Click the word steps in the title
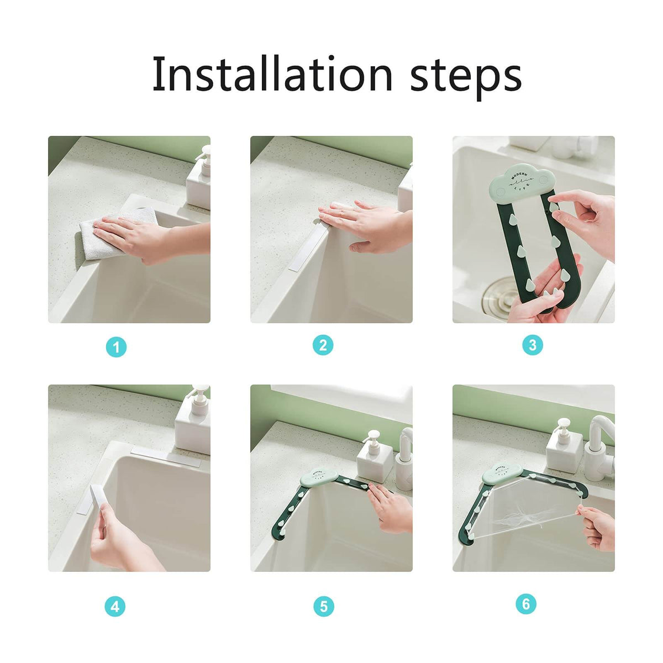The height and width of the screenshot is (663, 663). pos(465,76)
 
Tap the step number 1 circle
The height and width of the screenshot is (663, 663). pos(116,347)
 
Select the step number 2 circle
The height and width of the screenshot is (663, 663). pos(323,345)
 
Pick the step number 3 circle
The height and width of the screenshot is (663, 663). pos(533,345)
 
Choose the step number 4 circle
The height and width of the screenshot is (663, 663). pos(115,607)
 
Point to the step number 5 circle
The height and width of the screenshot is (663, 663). pos(324,607)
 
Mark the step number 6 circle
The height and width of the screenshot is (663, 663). pos(525,604)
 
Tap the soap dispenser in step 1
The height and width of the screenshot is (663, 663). pos(200,177)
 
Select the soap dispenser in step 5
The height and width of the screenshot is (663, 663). pos(374,456)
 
